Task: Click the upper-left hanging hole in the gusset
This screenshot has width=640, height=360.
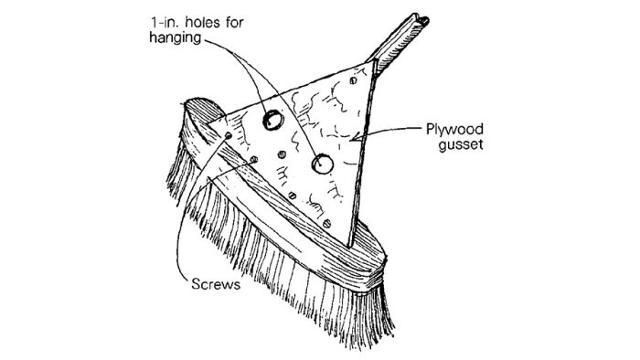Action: pos(272,119)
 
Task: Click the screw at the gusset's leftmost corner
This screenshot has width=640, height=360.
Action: pos(228,135)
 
